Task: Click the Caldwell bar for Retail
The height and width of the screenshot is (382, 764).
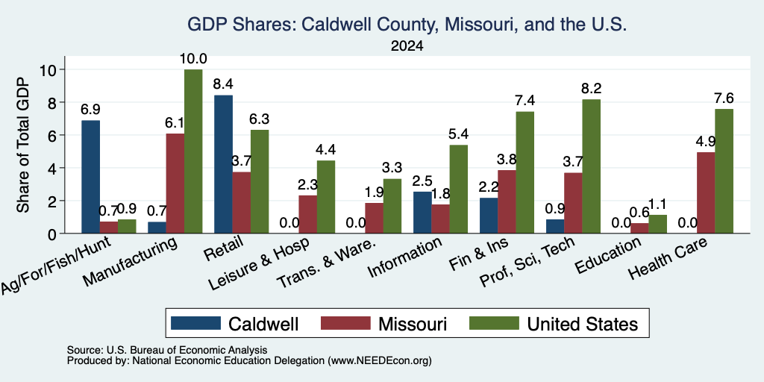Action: (x=223, y=164)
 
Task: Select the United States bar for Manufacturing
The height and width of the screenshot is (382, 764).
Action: (x=193, y=151)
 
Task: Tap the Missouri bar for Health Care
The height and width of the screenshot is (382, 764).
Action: (x=706, y=193)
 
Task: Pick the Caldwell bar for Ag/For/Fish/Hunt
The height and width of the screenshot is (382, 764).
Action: (x=90, y=177)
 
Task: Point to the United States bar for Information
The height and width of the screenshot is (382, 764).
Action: (x=459, y=189)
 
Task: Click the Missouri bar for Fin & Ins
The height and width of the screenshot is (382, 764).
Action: (x=507, y=201)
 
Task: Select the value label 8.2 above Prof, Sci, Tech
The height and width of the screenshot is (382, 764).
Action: (x=591, y=89)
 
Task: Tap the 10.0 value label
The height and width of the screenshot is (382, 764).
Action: (x=193, y=59)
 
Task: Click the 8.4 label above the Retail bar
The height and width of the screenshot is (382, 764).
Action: (x=223, y=84)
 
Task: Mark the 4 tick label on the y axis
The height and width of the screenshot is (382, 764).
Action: (x=52, y=168)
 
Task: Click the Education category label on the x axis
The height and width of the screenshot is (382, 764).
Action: (x=607, y=255)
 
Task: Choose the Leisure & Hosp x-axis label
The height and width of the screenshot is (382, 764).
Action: (x=259, y=263)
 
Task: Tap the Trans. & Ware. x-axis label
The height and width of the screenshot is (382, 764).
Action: (x=326, y=263)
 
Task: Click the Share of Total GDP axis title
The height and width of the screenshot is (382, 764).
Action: (x=23, y=145)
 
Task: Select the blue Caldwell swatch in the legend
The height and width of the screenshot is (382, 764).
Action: (x=195, y=324)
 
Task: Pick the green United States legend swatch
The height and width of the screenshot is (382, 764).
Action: (x=494, y=324)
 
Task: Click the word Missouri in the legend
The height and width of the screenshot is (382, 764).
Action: (x=412, y=324)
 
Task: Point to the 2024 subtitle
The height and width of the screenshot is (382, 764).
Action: (x=407, y=46)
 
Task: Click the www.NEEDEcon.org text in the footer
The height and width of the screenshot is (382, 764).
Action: (x=380, y=361)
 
